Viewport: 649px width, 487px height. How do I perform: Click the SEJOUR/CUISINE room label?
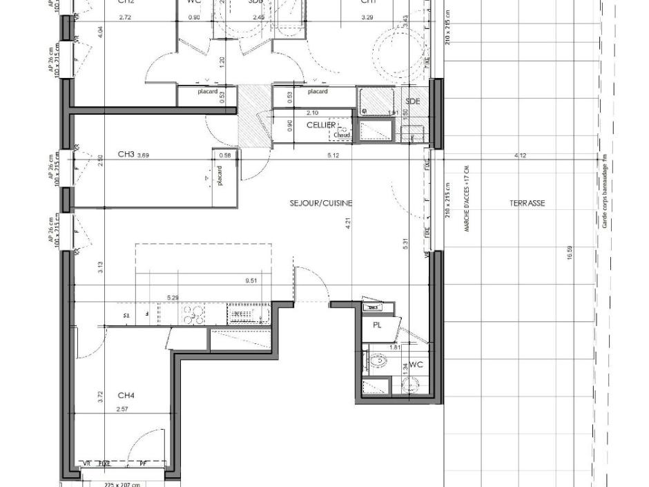click(x=321, y=203)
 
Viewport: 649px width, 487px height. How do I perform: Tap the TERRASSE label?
click(x=527, y=203)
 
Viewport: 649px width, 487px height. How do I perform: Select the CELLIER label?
click(x=321, y=125)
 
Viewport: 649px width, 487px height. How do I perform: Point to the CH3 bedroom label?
click(x=126, y=154)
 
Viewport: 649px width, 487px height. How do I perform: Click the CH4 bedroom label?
click(x=126, y=396)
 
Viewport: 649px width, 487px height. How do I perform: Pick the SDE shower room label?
click(x=413, y=101)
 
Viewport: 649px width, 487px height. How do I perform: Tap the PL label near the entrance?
click(x=377, y=324)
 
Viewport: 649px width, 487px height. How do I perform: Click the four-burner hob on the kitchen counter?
click(x=193, y=315)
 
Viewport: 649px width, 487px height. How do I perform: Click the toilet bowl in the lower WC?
click(x=378, y=360)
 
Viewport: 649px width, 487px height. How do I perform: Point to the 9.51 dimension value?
click(x=252, y=280)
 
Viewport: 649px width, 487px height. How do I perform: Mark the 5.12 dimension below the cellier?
click(x=334, y=155)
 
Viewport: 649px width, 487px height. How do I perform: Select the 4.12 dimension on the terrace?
click(x=521, y=155)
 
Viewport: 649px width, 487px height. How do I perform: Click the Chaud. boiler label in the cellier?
click(x=341, y=135)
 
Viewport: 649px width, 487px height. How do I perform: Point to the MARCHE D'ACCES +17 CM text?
click(x=467, y=198)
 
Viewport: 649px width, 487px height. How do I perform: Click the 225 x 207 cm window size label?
click(x=122, y=484)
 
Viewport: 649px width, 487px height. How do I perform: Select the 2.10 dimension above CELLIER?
click(x=311, y=113)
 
